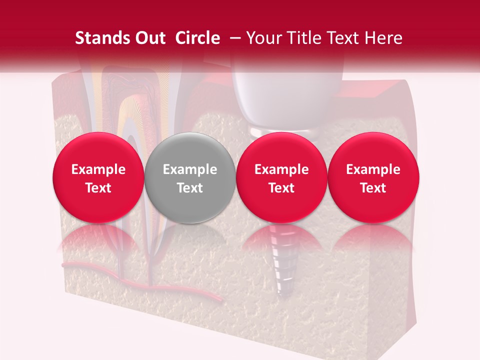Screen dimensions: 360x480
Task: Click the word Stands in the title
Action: [102, 38]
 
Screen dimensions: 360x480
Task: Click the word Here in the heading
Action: [384, 38]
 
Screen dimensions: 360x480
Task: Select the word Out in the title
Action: [149, 38]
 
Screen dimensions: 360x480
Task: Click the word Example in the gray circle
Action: [190, 169]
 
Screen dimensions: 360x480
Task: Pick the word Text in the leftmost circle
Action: [98, 188]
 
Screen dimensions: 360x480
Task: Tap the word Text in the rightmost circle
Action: [373, 188]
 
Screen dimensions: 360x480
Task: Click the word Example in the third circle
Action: [281, 169]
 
